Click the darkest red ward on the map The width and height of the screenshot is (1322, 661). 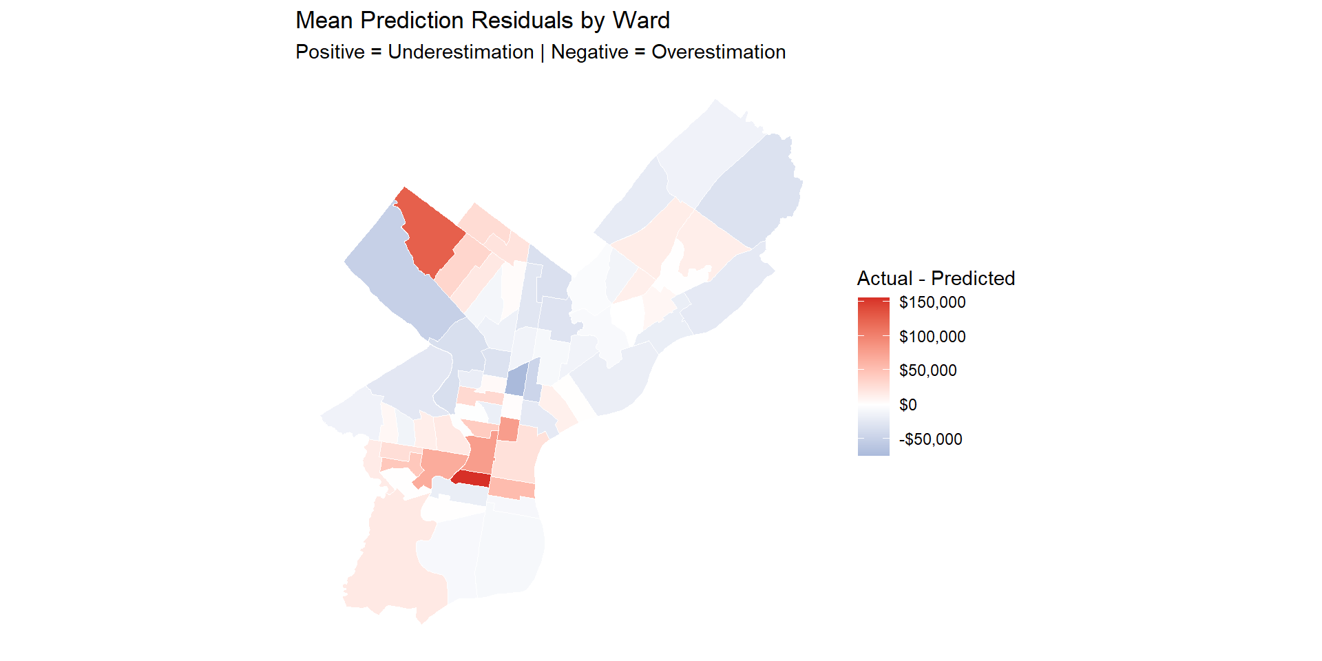[472, 479]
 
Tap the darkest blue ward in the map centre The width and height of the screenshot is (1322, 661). [517, 379]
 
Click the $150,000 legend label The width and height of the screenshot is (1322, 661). [932, 302]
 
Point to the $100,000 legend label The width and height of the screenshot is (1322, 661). [932, 337]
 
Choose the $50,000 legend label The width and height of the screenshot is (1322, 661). [927, 370]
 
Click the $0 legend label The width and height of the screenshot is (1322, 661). [907, 405]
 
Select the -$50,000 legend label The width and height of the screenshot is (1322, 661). [930, 439]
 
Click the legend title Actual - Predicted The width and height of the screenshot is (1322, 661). [936, 278]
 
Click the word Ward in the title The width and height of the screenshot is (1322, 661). [641, 21]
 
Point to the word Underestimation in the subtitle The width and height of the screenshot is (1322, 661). [461, 52]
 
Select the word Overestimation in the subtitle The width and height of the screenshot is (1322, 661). [718, 52]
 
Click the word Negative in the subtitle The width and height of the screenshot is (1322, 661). [589, 52]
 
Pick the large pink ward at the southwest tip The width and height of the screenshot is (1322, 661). [392, 565]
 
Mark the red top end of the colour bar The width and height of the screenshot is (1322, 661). [873, 301]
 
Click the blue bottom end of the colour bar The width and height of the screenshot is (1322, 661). [873, 452]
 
